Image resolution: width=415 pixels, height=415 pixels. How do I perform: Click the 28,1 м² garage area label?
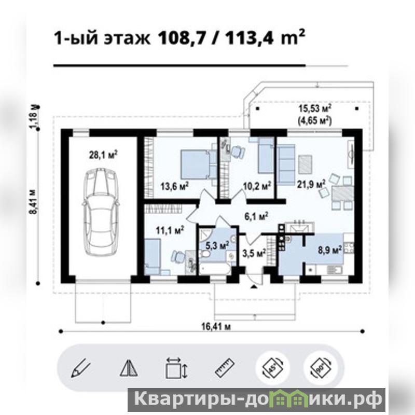(x=103, y=155)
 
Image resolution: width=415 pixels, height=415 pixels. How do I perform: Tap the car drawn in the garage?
(x=101, y=212)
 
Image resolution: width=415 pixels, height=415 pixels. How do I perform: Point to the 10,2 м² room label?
(x=257, y=186)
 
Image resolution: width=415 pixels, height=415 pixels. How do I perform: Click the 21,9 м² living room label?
(x=311, y=184)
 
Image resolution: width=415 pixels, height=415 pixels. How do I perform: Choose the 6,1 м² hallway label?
(x=256, y=216)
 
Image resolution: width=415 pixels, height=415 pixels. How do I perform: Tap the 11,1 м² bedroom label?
(x=170, y=230)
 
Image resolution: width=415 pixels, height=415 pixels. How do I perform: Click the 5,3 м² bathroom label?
(x=217, y=246)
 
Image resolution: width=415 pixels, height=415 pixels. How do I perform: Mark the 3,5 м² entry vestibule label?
(x=254, y=254)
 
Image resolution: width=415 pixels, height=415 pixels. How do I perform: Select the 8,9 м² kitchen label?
(x=329, y=250)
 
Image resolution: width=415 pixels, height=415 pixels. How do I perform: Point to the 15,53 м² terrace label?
(x=315, y=108)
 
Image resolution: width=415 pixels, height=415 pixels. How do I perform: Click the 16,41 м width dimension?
(x=216, y=327)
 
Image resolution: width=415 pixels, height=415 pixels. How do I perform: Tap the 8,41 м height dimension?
(x=34, y=202)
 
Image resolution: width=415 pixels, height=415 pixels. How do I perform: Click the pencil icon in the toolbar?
(x=81, y=367)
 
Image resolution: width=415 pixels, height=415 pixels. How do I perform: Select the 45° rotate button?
(x=273, y=368)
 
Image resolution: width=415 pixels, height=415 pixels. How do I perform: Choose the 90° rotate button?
(x=321, y=368)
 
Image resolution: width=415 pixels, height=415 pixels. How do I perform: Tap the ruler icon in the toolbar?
(x=225, y=368)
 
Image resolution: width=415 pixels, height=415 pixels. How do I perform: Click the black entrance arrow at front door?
(x=254, y=286)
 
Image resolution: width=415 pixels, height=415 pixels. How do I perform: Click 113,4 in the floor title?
(x=249, y=38)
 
